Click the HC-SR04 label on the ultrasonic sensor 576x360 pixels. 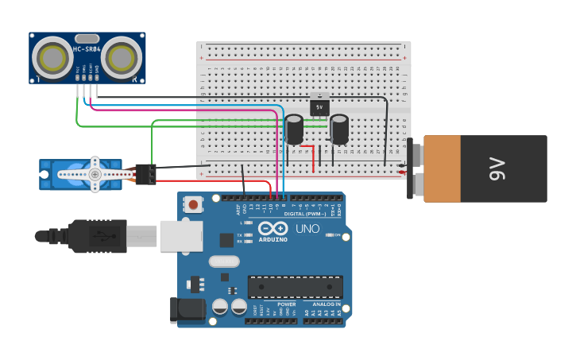(x=87, y=50)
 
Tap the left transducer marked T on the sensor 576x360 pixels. (x=53, y=57)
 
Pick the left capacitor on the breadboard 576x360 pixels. (x=294, y=130)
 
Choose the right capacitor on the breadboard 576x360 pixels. (x=339, y=130)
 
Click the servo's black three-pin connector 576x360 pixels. (x=146, y=173)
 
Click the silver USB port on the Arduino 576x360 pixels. (x=181, y=236)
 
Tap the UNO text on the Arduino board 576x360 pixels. (x=307, y=229)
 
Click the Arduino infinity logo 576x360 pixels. (x=273, y=227)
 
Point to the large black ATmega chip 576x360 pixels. (x=295, y=287)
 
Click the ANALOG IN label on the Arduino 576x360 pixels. (x=326, y=304)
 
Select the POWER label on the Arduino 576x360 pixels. (x=286, y=304)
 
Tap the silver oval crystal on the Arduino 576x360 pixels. (x=224, y=261)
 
